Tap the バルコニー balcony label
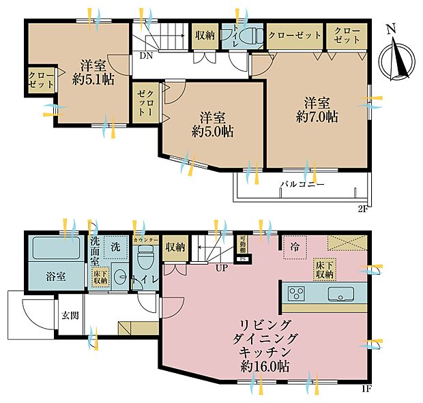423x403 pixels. (x=301, y=185)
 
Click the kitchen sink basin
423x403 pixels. (x=339, y=294)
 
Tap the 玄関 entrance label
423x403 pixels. (x=69, y=314)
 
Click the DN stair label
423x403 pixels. (x=145, y=57)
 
